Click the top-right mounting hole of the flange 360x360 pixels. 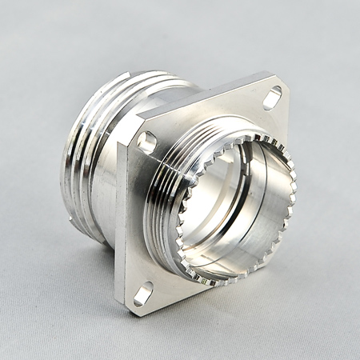(x=272, y=98)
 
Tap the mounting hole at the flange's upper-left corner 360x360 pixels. (x=147, y=143)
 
